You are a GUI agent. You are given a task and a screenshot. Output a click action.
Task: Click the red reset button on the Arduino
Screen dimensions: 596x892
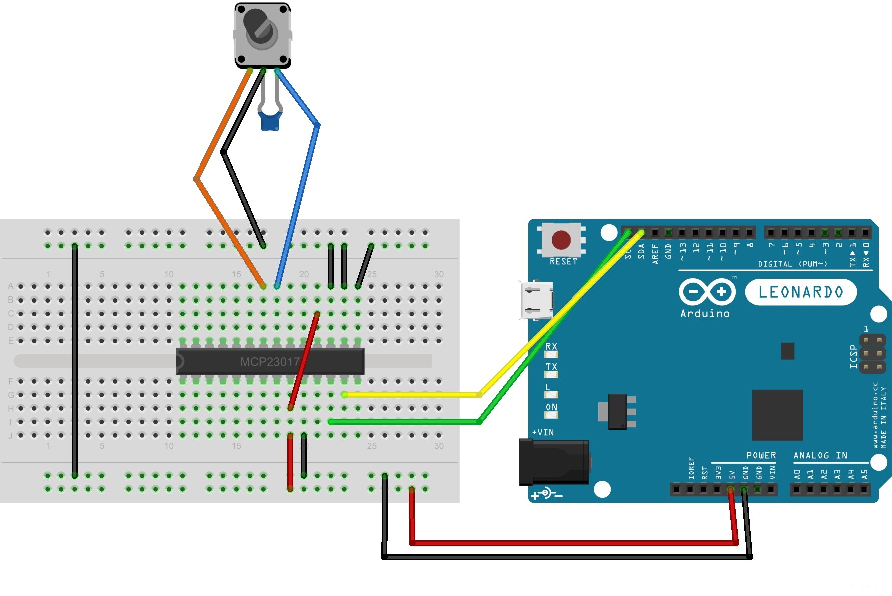561,240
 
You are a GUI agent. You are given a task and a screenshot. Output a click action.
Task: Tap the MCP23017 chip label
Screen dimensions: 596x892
269,362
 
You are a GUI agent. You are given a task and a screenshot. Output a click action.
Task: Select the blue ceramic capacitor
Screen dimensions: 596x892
270,121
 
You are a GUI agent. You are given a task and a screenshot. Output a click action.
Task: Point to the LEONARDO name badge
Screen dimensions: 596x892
801,292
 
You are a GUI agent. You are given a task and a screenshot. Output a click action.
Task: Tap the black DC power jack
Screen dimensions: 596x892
554,462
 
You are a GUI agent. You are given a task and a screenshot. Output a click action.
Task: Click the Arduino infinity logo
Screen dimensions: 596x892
707,291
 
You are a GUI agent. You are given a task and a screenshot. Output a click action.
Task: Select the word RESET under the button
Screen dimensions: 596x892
563,262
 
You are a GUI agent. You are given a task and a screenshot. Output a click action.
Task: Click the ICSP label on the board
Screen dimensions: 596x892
854,356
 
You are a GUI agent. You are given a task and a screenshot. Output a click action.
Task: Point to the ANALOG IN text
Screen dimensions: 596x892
820,455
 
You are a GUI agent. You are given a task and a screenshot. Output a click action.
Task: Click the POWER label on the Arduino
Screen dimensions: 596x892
761,455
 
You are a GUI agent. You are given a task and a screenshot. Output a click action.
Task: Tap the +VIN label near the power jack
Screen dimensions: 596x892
543,432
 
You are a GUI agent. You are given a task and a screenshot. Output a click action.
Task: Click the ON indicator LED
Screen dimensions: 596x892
551,415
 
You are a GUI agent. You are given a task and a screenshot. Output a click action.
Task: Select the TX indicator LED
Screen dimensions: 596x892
551,374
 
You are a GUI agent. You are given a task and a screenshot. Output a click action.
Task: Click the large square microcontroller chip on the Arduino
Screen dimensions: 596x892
777,415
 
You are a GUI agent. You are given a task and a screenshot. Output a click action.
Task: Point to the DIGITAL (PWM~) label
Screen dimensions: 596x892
792,264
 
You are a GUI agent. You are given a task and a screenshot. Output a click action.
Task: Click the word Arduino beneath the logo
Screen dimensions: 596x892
705,314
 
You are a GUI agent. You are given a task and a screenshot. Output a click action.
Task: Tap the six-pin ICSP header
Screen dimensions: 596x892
873,354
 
